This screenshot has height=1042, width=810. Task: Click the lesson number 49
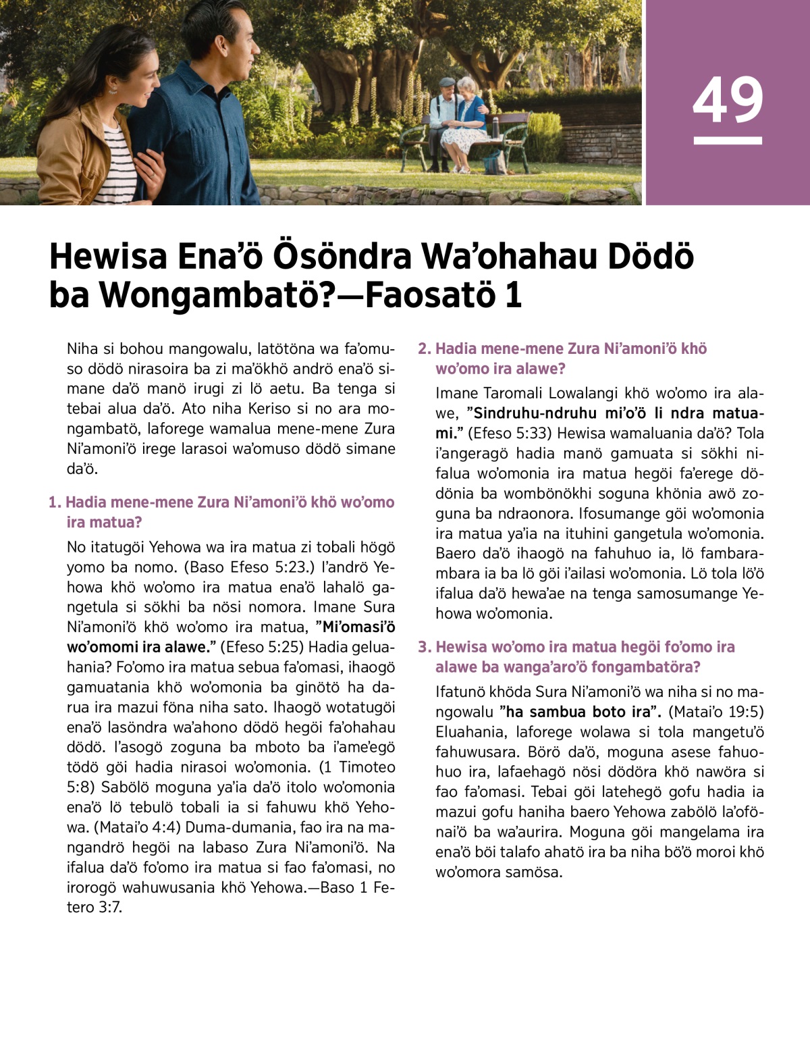728,99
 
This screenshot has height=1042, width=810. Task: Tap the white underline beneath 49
728,140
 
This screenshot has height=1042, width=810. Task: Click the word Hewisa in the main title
108,257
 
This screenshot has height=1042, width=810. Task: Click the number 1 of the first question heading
55,502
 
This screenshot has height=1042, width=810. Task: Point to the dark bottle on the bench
495,126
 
